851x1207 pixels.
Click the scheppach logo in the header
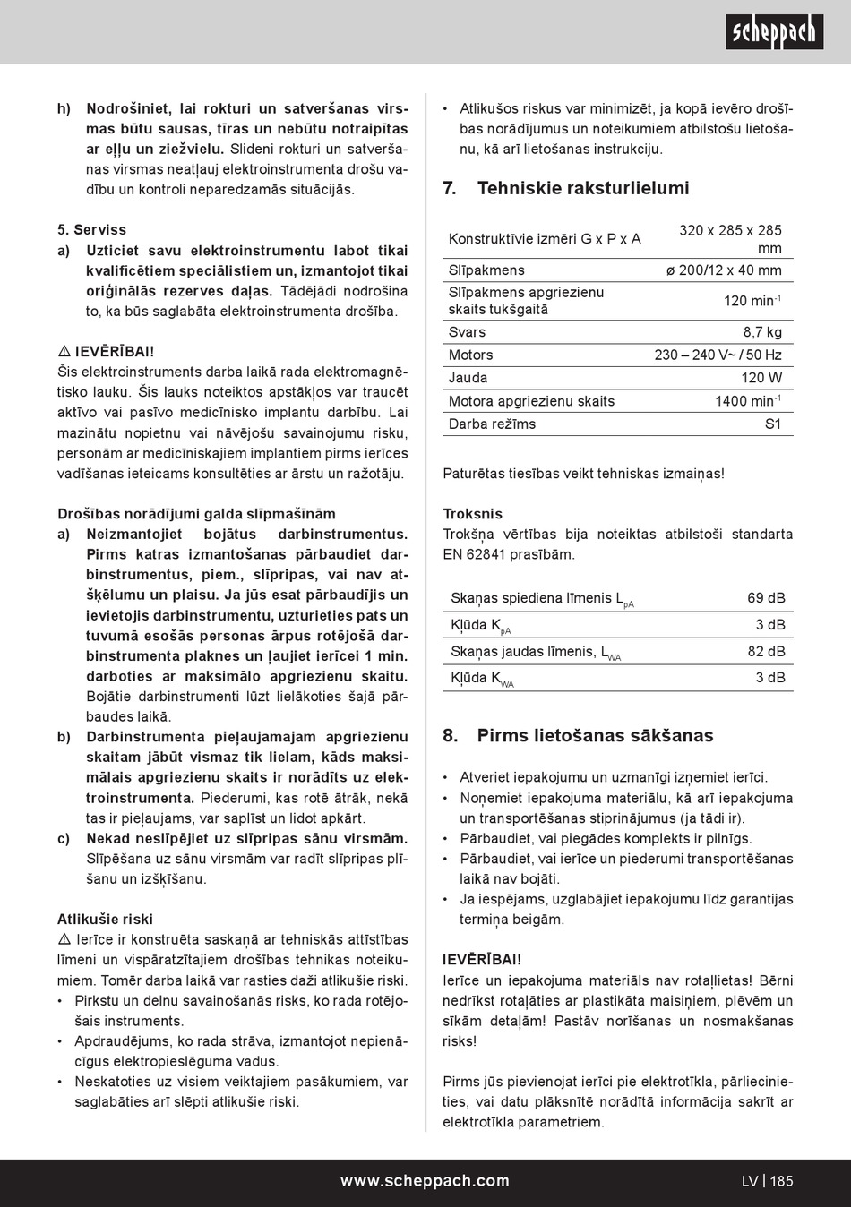pos(774,32)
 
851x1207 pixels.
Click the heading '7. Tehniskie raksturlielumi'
pos(566,188)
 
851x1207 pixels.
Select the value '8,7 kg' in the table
pos(762,332)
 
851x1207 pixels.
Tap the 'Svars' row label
pos(467,332)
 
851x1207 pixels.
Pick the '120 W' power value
pos(761,378)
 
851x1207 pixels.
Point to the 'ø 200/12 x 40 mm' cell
pos(724,270)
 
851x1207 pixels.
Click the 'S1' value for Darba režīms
pos(773,424)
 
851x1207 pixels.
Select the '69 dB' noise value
pos(766,598)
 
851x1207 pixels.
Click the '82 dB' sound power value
pos(766,652)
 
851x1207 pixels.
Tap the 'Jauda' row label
pos(468,378)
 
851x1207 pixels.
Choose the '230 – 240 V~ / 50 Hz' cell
pos(718,355)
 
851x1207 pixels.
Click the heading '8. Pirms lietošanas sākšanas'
pos(578,736)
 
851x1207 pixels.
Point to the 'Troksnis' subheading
pos(473,514)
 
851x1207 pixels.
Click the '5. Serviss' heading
pos(92,230)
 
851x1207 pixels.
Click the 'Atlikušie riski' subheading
pos(105,920)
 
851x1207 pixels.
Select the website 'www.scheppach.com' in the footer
pos(425,1181)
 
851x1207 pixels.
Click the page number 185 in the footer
pos(781,1181)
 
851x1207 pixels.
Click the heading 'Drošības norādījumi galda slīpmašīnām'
pos(196,514)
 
